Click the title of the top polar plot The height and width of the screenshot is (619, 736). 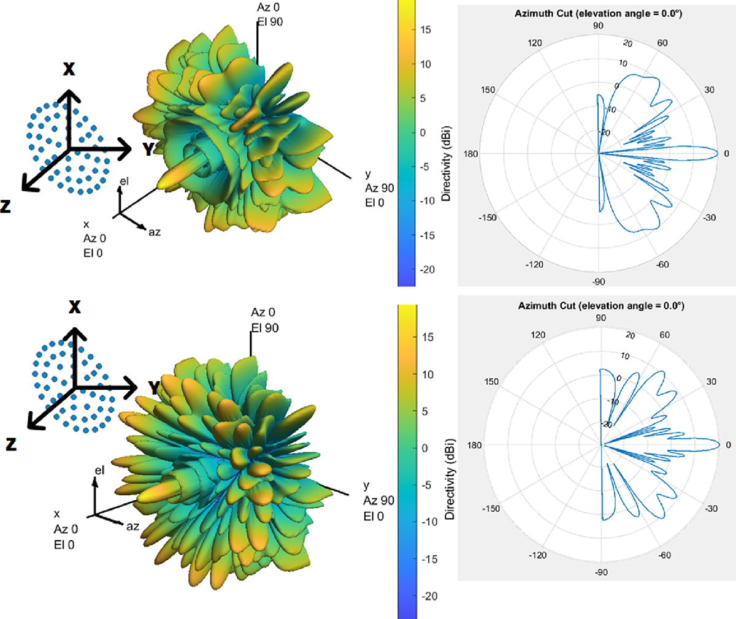tap(598, 13)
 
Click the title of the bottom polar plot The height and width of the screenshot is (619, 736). tap(601, 305)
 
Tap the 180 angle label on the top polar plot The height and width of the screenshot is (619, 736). tap(470, 154)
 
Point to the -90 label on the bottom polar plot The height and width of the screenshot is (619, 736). tap(601, 572)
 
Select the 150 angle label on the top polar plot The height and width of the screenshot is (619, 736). tap(488, 90)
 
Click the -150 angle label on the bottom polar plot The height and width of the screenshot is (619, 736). tap(491, 509)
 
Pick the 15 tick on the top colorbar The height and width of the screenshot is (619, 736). tap(426, 29)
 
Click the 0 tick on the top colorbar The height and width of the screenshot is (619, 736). tap(423, 132)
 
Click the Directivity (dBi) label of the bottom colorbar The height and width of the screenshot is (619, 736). tap(450, 479)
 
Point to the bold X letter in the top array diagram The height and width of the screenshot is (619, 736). tap(69, 69)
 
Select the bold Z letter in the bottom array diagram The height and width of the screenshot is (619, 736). tap(10, 444)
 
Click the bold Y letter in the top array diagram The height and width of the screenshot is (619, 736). tap(148, 149)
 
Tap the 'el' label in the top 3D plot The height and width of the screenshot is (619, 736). tap(124, 181)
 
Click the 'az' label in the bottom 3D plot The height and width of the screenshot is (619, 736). tap(132, 526)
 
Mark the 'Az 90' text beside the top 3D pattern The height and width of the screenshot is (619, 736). tap(379, 188)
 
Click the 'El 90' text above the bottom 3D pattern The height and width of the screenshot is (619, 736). tap(265, 328)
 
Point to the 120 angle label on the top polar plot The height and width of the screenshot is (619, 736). tap(535, 43)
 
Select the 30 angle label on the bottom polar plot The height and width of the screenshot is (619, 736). tap(711, 381)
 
